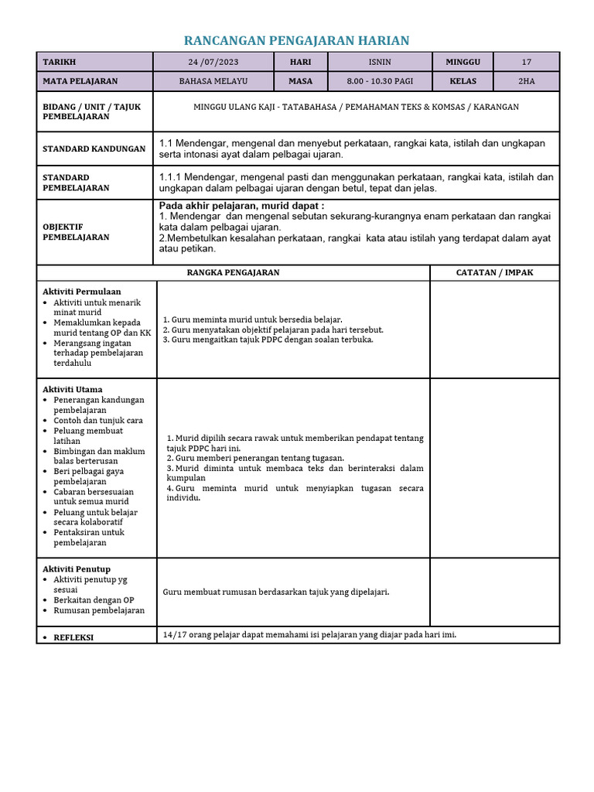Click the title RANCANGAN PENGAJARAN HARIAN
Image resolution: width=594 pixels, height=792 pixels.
pos(296,40)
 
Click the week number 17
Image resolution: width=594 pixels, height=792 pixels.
pos(527,62)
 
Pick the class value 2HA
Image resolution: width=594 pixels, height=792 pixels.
pos(527,81)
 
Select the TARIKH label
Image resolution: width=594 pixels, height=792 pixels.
pos(60,62)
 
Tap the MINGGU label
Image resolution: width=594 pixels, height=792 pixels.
pos(463,62)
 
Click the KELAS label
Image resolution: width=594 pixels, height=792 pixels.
pos(463,81)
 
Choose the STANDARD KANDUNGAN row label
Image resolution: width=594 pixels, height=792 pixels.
pos(94,148)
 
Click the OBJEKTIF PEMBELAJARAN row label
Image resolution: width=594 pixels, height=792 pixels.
pos(76,232)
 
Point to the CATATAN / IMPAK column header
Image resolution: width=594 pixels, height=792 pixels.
pos(494,272)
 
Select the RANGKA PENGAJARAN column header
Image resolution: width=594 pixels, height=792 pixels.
pos(234,272)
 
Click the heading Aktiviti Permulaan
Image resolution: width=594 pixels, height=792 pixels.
pos(82,292)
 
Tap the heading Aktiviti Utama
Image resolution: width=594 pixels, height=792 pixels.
pos(73,389)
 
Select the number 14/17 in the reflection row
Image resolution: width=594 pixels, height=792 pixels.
pos(174,634)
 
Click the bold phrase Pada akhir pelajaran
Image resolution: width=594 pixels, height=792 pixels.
pos(204,206)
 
